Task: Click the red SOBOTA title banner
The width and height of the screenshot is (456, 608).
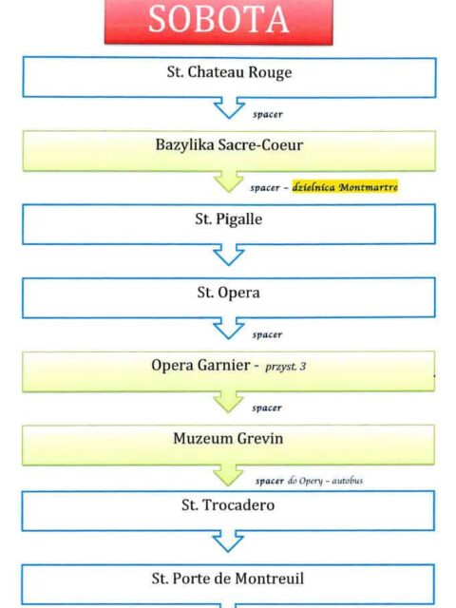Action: [x=218, y=21]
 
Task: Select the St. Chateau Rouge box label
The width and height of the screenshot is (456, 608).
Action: [x=230, y=72]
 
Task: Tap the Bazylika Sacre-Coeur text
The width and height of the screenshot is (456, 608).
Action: [x=229, y=145]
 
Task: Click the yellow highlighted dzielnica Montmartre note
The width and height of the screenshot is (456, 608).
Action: [x=345, y=187]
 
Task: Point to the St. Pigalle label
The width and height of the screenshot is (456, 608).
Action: [x=229, y=219]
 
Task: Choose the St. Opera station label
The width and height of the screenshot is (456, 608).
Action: [x=228, y=293]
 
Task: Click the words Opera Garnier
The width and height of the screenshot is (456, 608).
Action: [x=200, y=365]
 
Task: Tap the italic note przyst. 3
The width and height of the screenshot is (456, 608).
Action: [x=286, y=367]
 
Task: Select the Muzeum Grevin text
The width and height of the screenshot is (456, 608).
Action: [x=228, y=439]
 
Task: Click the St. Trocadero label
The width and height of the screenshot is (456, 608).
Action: [x=228, y=504]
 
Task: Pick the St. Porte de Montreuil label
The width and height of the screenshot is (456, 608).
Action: [x=228, y=579]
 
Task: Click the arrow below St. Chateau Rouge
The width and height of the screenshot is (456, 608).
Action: [x=229, y=107]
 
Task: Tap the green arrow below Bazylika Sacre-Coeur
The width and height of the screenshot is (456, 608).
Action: [x=229, y=180]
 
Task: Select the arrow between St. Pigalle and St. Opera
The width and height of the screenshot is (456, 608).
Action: [x=229, y=255]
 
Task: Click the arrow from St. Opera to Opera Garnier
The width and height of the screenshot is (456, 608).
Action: [x=229, y=328]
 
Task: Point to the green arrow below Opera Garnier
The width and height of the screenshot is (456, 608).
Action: [x=228, y=401]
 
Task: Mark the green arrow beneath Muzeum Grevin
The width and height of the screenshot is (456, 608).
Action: [x=228, y=475]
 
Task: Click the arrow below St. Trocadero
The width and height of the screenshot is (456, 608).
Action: [x=228, y=541]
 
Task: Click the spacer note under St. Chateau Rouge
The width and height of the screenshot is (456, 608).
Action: [x=268, y=114]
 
